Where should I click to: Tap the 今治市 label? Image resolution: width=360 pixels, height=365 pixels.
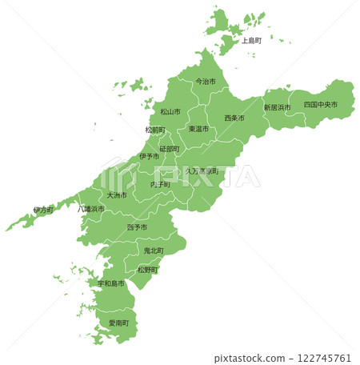click(x=206, y=81)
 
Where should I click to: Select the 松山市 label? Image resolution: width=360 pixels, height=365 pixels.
click(x=170, y=111)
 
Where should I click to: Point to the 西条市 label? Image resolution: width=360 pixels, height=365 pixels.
click(x=234, y=118)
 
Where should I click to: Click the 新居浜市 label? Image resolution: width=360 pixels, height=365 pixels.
click(x=277, y=106)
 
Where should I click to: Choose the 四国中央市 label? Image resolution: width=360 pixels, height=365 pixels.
click(x=320, y=105)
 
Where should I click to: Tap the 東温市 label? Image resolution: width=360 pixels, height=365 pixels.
click(x=198, y=128)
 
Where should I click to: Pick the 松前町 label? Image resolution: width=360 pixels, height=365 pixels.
click(x=155, y=129)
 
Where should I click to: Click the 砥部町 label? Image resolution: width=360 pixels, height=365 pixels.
click(x=170, y=148)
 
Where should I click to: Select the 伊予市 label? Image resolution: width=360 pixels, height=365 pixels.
click(x=150, y=156)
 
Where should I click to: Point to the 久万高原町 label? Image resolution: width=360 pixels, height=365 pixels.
click(x=202, y=170)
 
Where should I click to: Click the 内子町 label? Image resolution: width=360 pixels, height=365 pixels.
click(x=161, y=184)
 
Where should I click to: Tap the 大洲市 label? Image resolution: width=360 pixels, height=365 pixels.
click(x=117, y=195)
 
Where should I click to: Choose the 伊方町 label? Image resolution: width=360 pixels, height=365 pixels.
click(x=43, y=210)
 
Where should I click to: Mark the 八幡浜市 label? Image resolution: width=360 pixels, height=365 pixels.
click(x=91, y=208)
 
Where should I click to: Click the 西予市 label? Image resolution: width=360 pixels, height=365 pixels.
click(x=137, y=227)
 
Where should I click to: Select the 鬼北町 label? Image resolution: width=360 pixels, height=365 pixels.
click(x=153, y=251)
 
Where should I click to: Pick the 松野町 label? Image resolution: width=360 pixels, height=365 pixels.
click(x=147, y=270)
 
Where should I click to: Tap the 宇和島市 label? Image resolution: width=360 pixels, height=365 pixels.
click(x=111, y=283)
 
